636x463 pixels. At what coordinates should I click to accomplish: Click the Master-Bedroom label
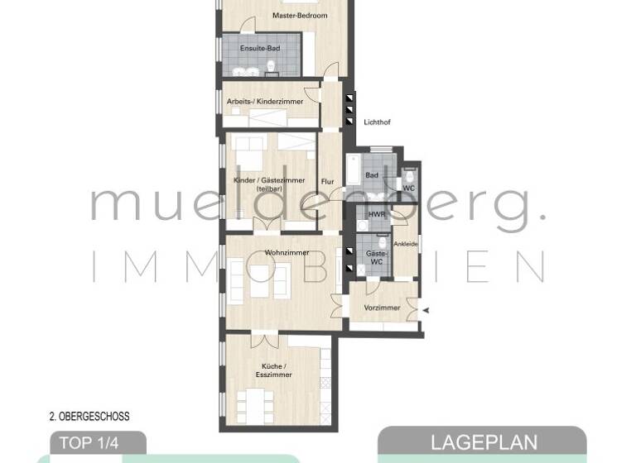tap(300, 16)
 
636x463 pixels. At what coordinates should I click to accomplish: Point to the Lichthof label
tap(377, 122)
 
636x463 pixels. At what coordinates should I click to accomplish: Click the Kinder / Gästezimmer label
tap(270, 184)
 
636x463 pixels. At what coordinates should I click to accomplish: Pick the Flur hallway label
tap(328, 180)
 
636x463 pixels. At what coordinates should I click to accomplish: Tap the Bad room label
tap(372, 174)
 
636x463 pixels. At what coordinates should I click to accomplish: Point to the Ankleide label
tap(405, 243)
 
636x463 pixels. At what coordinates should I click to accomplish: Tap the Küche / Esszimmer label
tap(273, 370)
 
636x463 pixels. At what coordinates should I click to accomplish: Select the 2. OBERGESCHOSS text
tap(89, 417)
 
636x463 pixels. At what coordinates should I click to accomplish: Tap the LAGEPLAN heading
tap(484, 442)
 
